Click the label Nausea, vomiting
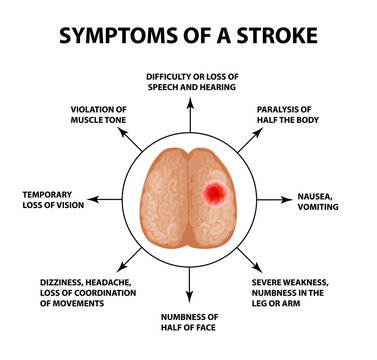point(318,202)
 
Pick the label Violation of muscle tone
point(98,115)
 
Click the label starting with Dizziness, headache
point(77,292)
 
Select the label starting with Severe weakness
point(299,292)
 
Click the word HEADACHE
point(94,282)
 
